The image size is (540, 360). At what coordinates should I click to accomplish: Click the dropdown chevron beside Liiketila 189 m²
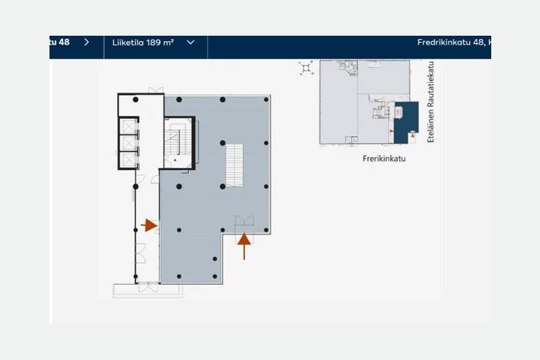(x=190, y=43)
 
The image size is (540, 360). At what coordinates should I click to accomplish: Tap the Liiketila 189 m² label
(x=143, y=43)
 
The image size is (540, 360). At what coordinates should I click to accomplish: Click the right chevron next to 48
(x=87, y=42)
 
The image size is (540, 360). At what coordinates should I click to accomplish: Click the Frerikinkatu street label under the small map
(x=384, y=159)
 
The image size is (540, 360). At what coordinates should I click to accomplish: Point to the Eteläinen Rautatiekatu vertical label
(x=431, y=102)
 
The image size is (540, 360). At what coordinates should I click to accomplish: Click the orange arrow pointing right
(x=149, y=225)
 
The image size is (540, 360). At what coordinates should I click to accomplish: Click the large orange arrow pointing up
(x=244, y=246)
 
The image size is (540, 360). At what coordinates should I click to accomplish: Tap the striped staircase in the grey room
(x=234, y=165)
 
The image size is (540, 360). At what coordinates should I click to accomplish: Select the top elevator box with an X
(x=128, y=126)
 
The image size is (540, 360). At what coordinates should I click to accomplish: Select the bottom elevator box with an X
(x=128, y=159)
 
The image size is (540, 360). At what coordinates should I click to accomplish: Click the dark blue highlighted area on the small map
(x=407, y=122)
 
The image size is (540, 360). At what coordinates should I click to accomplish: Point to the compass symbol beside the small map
(x=306, y=68)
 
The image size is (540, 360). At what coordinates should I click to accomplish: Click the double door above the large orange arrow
(x=244, y=221)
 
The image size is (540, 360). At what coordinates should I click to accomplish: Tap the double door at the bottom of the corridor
(x=148, y=287)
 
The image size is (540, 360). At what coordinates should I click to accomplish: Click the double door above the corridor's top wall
(x=156, y=90)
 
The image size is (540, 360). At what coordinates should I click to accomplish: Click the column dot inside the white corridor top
(x=136, y=100)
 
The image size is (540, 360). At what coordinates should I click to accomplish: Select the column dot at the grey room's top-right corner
(x=266, y=100)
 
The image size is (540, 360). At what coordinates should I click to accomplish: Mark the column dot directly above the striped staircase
(x=223, y=143)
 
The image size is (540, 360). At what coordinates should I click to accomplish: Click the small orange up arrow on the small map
(x=413, y=136)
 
